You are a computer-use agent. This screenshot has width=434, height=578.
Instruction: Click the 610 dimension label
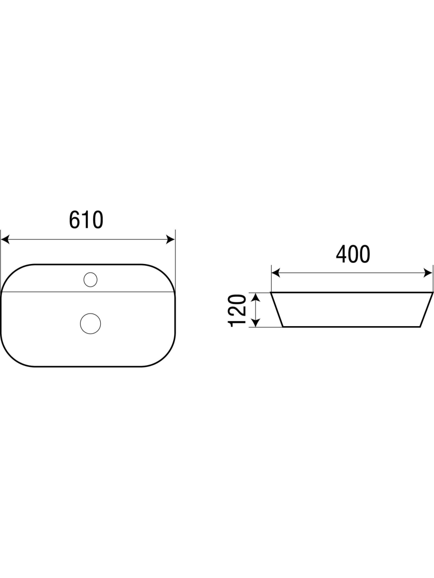point(86,220)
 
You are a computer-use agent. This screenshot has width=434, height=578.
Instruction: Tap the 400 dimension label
point(353,254)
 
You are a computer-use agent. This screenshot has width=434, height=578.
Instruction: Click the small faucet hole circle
point(90,279)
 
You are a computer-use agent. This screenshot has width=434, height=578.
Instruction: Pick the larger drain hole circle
point(90,324)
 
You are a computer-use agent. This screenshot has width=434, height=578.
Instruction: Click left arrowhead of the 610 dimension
point(5,239)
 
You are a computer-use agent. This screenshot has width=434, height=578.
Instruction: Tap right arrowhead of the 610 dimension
point(170,239)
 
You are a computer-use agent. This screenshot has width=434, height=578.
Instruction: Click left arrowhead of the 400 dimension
point(276,273)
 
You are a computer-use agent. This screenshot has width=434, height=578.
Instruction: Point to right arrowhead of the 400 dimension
point(428,273)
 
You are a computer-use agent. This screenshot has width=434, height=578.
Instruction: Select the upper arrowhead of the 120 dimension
point(256,298)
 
